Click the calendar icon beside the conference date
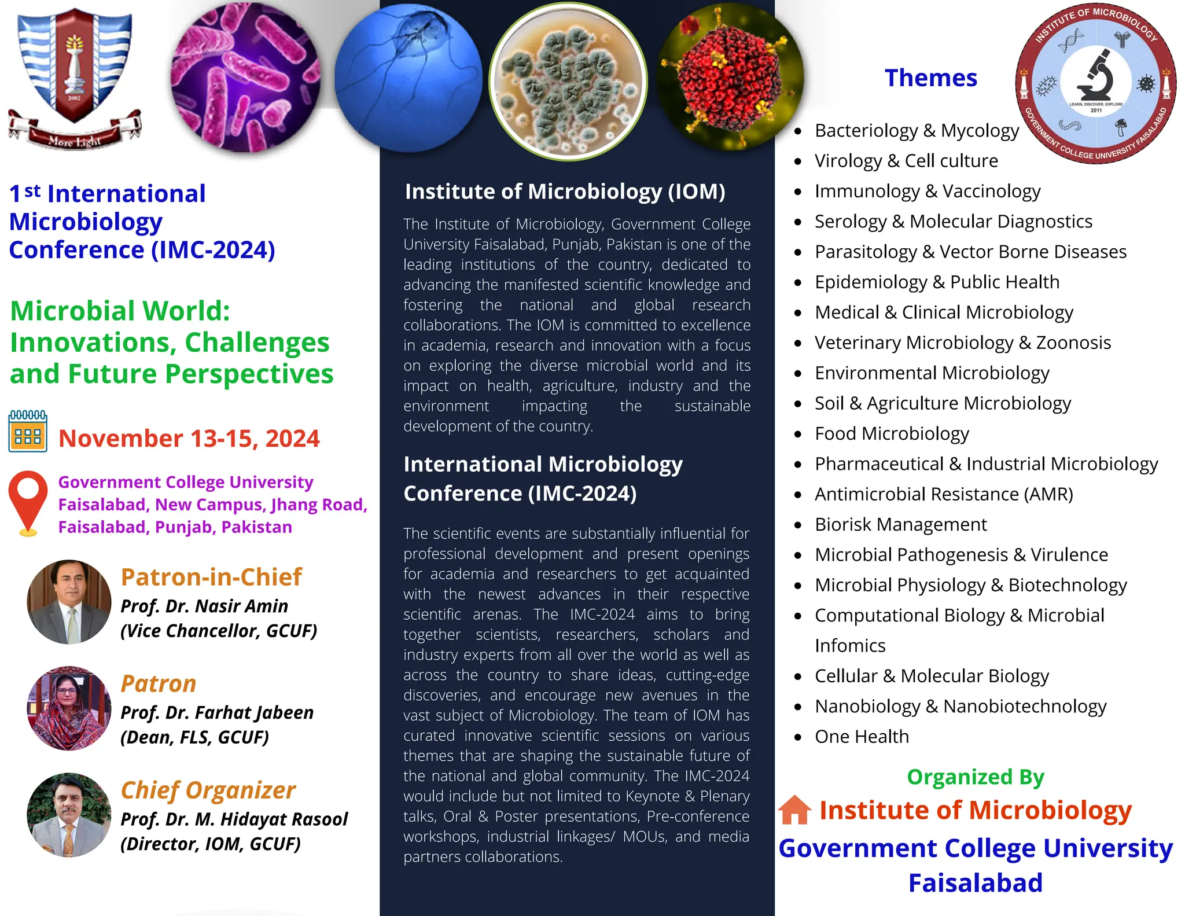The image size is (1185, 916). (x=28, y=431)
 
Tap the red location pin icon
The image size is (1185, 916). (x=28, y=501)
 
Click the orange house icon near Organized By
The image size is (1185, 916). (x=794, y=810)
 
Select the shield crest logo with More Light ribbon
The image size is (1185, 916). (x=74, y=75)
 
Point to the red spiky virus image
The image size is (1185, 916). (x=730, y=76)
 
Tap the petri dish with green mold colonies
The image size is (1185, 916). (x=568, y=81)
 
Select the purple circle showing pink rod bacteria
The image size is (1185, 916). (x=245, y=77)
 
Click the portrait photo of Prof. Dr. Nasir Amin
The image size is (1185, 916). (x=69, y=602)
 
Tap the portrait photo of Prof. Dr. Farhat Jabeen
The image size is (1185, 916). (x=69, y=708)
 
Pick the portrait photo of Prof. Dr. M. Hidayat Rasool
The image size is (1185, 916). (x=69, y=815)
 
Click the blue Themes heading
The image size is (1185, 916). (x=930, y=78)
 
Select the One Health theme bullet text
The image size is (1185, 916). (x=862, y=737)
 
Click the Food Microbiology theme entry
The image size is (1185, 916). (x=892, y=433)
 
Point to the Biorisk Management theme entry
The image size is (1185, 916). (x=900, y=524)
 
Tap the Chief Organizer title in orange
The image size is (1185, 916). (x=208, y=790)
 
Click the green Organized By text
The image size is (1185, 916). (x=976, y=777)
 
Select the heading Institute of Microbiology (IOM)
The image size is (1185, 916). (x=565, y=192)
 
